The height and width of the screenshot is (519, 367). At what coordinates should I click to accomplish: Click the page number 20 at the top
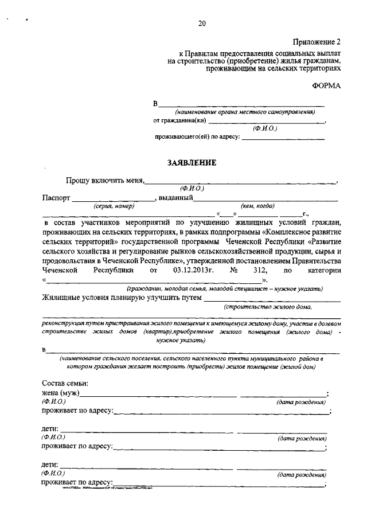202,24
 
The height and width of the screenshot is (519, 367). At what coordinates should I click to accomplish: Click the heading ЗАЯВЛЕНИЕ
192,162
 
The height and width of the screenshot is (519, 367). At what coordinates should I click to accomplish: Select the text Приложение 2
317,42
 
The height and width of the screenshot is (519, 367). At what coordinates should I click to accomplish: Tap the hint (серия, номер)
114,205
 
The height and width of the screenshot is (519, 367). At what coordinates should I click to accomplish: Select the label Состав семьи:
65,383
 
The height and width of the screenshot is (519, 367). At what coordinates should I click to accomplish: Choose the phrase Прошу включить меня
104,180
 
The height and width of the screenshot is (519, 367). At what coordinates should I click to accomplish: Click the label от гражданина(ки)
179,120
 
